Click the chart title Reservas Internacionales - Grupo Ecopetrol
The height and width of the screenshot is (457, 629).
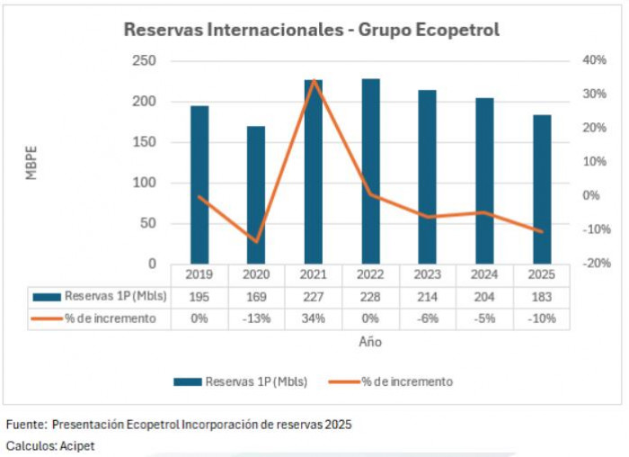[x=311, y=30]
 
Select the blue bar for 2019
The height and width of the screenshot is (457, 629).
[x=199, y=184]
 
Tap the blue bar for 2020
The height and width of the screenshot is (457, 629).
[x=256, y=195]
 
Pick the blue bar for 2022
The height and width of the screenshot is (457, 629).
[x=370, y=171]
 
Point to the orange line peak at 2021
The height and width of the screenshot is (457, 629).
[x=314, y=81]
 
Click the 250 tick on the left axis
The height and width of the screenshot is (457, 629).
[x=144, y=60]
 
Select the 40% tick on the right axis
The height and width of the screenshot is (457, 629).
[x=595, y=60]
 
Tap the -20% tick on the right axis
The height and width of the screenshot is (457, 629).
[x=597, y=264]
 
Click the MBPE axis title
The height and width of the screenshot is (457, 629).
[x=31, y=162]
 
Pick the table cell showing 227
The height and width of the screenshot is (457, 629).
[x=314, y=296]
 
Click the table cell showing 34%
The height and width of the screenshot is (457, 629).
[x=314, y=318]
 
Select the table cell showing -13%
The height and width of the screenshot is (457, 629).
[x=256, y=318]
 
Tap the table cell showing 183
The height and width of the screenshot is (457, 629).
[x=542, y=296]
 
